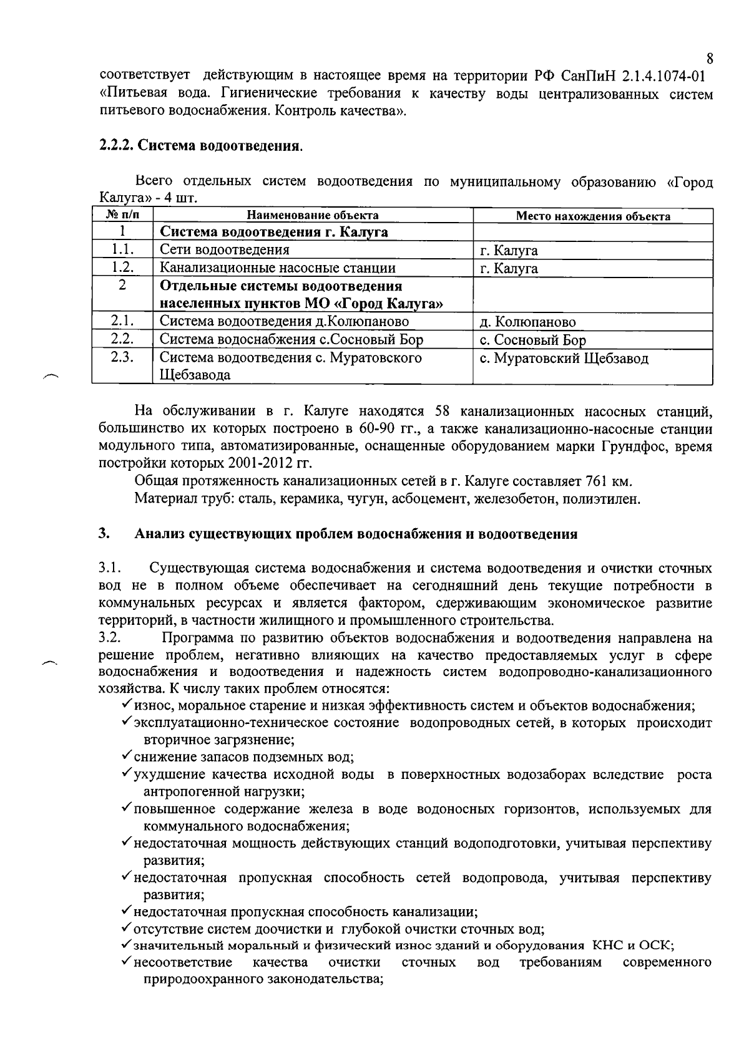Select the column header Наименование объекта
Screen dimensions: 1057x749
point(313,216)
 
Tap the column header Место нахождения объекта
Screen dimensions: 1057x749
point(593,216)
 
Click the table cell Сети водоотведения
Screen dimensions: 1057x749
point(225,250)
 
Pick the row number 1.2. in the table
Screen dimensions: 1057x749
point(122,268)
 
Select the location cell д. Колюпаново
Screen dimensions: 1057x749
point(527,322)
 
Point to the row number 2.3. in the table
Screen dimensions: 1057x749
point(122,358)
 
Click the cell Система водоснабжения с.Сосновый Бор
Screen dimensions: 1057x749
point(291,340)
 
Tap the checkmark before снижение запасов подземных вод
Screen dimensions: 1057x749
point(126,756)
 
